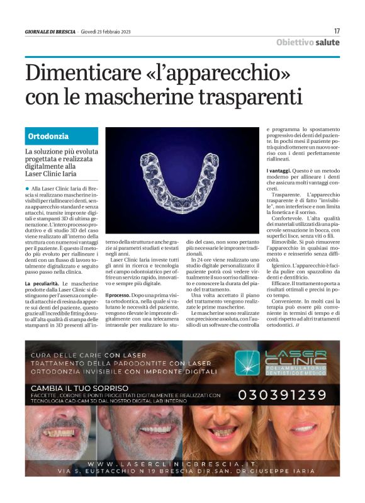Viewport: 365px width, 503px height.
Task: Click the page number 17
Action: coord(337,30)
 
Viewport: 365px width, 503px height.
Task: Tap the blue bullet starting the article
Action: coord(28,188)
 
